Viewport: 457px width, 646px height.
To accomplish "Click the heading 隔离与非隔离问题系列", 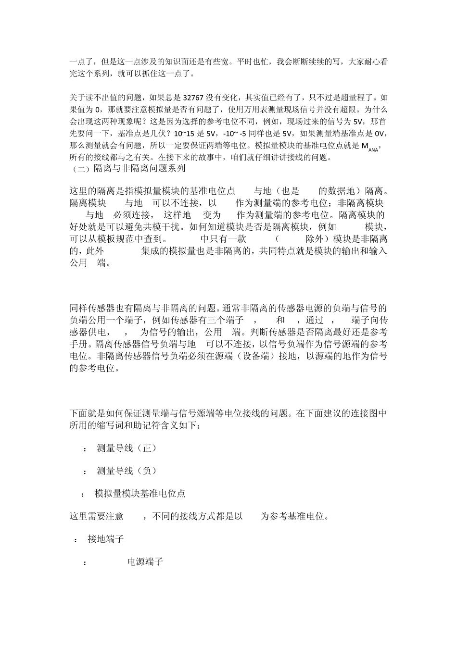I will pos(139,168).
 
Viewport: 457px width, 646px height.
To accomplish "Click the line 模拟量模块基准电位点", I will pos(140,493).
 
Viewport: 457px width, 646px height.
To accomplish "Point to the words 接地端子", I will pos(106,539).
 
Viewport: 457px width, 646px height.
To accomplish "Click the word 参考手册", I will pos(373,332).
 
